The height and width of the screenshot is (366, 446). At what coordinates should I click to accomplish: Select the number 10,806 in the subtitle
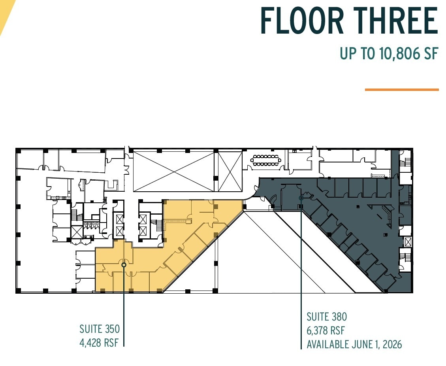click(x=397, y=53)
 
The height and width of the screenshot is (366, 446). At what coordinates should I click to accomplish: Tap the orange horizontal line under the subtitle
click(x=401, y=90)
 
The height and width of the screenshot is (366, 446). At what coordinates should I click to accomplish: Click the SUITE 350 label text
click(x=100, y=329)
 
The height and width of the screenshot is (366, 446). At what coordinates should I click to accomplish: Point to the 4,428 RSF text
click(x=99, y=342)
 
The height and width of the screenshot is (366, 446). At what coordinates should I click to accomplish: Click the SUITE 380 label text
click(x=327, y=317)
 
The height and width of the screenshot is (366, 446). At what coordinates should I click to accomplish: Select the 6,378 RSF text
click(x=326, y=330)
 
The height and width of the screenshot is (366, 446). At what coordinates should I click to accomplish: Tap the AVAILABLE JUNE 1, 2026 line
click(x=354, y=344)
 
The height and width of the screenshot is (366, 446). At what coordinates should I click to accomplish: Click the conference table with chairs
click(x=265, y=160)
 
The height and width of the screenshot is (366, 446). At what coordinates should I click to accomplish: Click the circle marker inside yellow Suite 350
click(x=124, y=265)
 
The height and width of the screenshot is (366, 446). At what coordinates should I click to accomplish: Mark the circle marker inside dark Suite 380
click(x=301, y=198)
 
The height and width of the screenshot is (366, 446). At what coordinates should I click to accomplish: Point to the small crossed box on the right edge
click(x=407, y=241)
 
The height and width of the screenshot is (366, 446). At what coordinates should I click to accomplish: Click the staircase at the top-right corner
click(x=405, y=162)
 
